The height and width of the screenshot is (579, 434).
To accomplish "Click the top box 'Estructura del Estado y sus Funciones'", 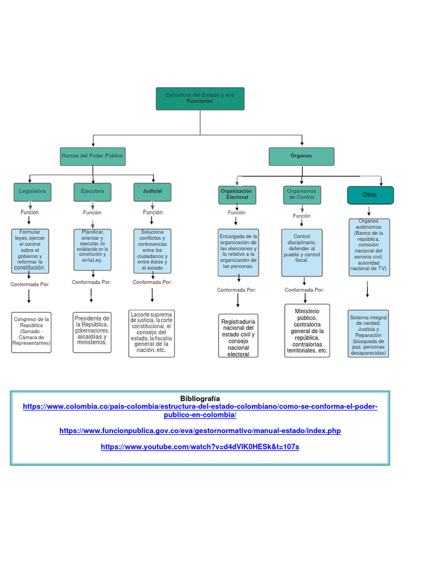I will click(x=200, y=98).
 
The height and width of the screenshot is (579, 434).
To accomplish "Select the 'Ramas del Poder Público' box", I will click(x=93, y=156).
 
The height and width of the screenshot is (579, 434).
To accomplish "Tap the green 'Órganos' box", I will click(x=301, y=156).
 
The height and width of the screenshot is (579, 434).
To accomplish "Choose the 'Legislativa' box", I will click(x=32, y=192).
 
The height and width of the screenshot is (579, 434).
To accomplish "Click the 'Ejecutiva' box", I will click(x=92, y=192).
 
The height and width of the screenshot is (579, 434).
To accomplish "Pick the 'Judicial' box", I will click(x=153, y=192).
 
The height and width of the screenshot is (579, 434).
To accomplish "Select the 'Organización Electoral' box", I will click(x=237, y=195).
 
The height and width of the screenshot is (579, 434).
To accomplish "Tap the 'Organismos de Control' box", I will click(x=302, y=195).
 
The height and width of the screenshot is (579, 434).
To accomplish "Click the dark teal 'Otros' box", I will click(x=370, y=195).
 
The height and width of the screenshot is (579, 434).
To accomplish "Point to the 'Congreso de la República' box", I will click(x=31, y=331).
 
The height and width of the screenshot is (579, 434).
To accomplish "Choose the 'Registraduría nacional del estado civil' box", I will click(x=238, y=336).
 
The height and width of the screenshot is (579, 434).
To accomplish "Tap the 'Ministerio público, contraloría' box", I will click(x=307, y=331).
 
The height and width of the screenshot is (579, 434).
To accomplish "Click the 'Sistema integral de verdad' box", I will click(x=368, y=334).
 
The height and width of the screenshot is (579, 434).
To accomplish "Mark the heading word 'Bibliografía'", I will click(x=199, y=399).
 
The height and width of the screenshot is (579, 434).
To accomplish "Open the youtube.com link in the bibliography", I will click(x=199, y=447).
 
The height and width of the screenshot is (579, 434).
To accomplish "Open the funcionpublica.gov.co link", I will click(x=199, y=431).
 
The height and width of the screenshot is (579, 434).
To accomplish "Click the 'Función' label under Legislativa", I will click(x=29, y=212).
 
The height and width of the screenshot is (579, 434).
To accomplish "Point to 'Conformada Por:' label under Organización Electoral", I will click(x=236, y=290).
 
